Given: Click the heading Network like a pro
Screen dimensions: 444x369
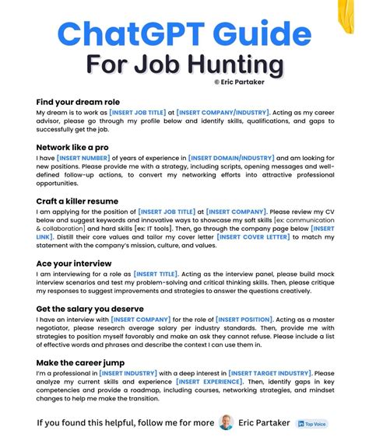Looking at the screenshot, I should pyautogui.click(x=72, y=147).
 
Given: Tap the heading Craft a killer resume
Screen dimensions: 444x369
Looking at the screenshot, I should pyautogui.click(x=76, y=200).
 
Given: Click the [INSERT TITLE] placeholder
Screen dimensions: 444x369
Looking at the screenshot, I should pyautogui.click(x=156, y=273).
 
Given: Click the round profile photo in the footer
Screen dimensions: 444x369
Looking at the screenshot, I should pyautogui.click(x=227, y=423).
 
